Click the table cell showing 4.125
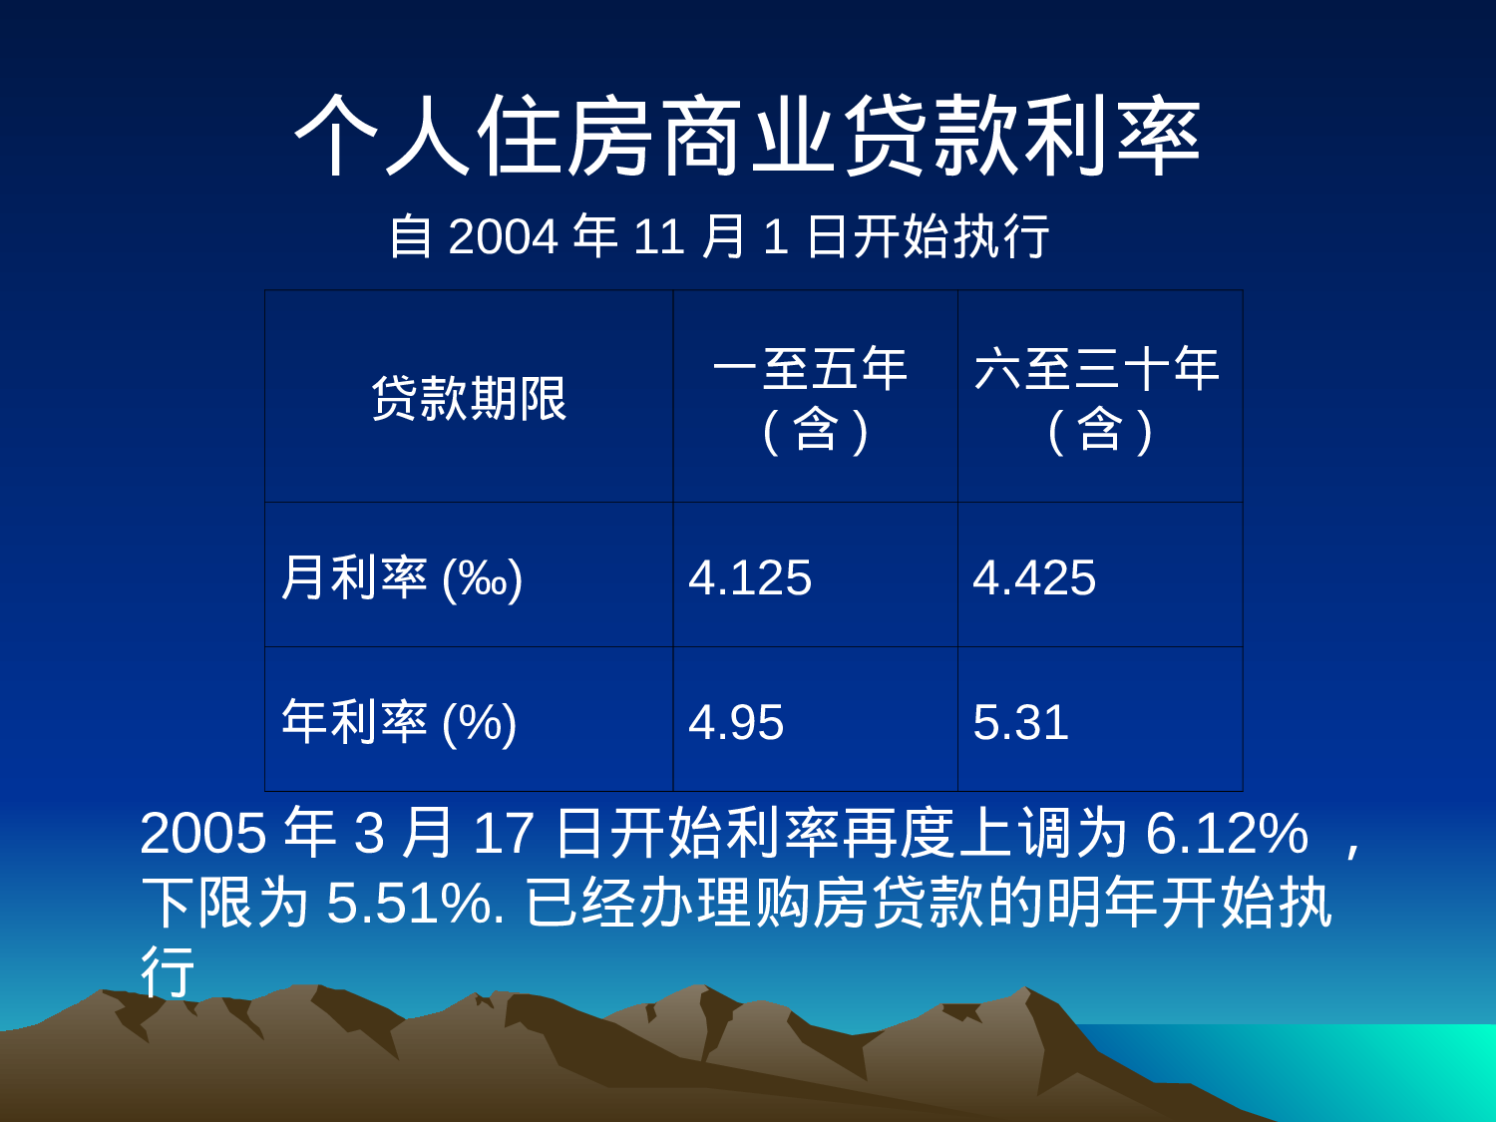750,577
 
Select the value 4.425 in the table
1034,577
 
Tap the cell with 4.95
736,722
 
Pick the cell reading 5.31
1020,722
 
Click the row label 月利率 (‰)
401,577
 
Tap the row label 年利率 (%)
399,722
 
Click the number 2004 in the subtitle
503,237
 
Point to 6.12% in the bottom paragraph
1227,833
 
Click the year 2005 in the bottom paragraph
203,833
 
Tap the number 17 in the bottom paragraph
503,833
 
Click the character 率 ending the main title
1159,137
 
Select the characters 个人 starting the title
383,137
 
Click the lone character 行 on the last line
168,971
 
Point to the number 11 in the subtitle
658,237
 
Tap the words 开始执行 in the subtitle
951,237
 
